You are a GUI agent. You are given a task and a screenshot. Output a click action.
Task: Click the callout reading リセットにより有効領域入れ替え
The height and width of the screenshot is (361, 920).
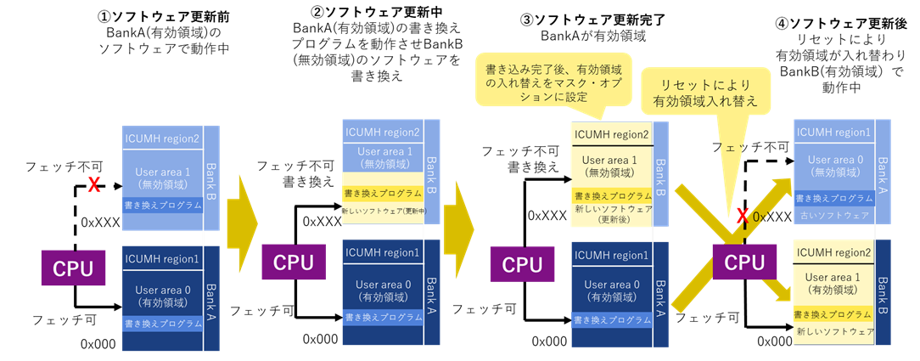coord(706,93)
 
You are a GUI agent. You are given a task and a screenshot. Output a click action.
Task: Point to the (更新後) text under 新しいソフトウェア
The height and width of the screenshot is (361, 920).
coord(612,218)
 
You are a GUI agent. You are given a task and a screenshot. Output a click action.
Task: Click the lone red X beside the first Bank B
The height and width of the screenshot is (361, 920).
coord(95,183)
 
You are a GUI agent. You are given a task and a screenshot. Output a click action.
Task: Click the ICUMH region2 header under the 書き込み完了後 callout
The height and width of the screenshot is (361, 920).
coord(612,134)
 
